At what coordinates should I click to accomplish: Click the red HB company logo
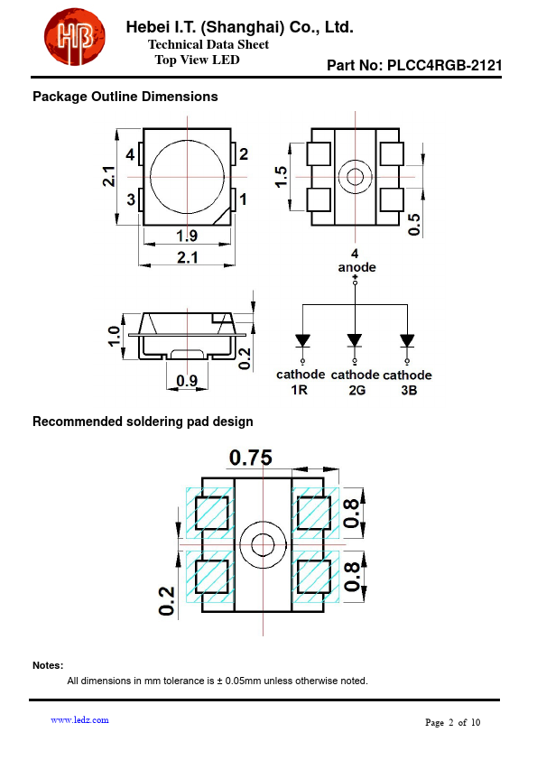pyautogui.click(x=75, y=37)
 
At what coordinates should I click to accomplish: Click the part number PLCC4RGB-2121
pyautogui.click(x=444, y=65)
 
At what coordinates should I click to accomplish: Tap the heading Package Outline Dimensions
pyautogui.click(x=125, y=97)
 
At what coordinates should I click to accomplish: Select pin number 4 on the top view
pyautogui.click(x=130, y=154)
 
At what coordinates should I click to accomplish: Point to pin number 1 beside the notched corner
pyautogui.click(x=243, y=199)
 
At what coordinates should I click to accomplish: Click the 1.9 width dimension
pyautogui.click(x=187, y=236)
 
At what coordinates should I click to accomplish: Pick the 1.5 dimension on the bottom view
pyautogui.click(x=281, y=176)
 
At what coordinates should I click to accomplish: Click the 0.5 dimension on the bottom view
pyautogui.click(x=414, y=225)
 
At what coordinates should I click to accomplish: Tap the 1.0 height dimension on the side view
pyautogui.click(x=114, y=337)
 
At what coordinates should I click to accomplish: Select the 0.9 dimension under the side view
pyautogui.click(x=187, y=381)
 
